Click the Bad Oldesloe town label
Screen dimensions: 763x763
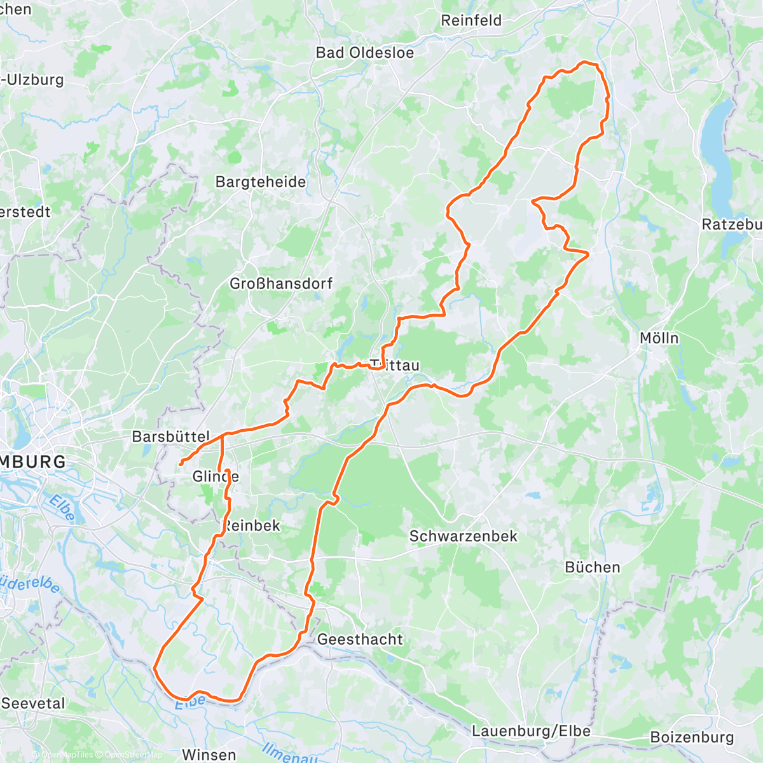[x=364, y=53]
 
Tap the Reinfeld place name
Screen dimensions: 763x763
[x=471, y=20]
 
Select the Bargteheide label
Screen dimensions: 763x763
[x=261, y=182]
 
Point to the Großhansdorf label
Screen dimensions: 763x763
[x=280, y=284]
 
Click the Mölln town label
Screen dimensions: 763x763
[x=659, y=338]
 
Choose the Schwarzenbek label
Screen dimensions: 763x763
[x=463, y=536]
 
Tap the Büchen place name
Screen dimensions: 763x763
[x=592, y=567]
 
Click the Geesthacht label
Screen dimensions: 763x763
[x=360, y=639]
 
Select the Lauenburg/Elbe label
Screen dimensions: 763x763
[x=531, y=731]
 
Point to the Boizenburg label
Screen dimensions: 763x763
[x=692, y=738]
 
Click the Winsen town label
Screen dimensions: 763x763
[x=209, y=755]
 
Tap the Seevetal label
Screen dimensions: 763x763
[x=33, y=703]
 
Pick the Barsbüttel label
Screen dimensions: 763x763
[x=170, y=437]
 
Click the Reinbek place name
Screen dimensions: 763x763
[x=252, y=526]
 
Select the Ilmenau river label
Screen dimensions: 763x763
[x=289, y=754]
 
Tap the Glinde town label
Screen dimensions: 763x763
[x=215, y=476]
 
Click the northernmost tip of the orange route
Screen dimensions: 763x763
[x=586, y=62]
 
